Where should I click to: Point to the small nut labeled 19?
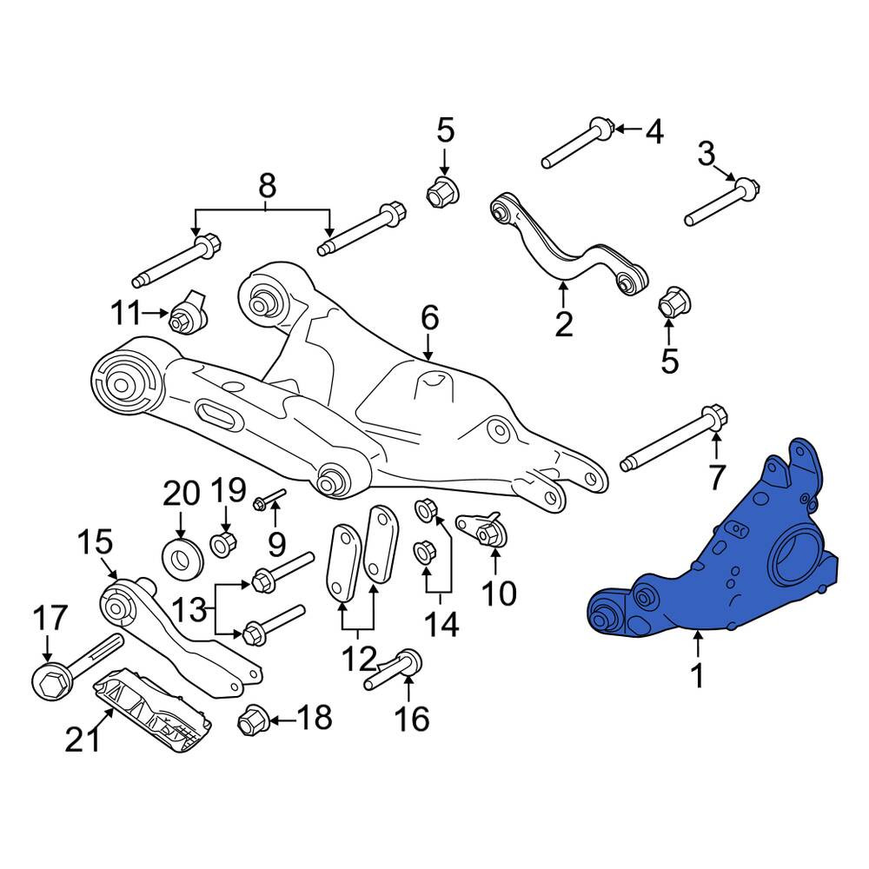[x=224, y=544]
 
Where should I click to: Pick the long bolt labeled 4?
[x=577, y=143]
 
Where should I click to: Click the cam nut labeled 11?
[x=188, y=313]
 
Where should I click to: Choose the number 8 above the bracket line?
[x=267, y=187]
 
